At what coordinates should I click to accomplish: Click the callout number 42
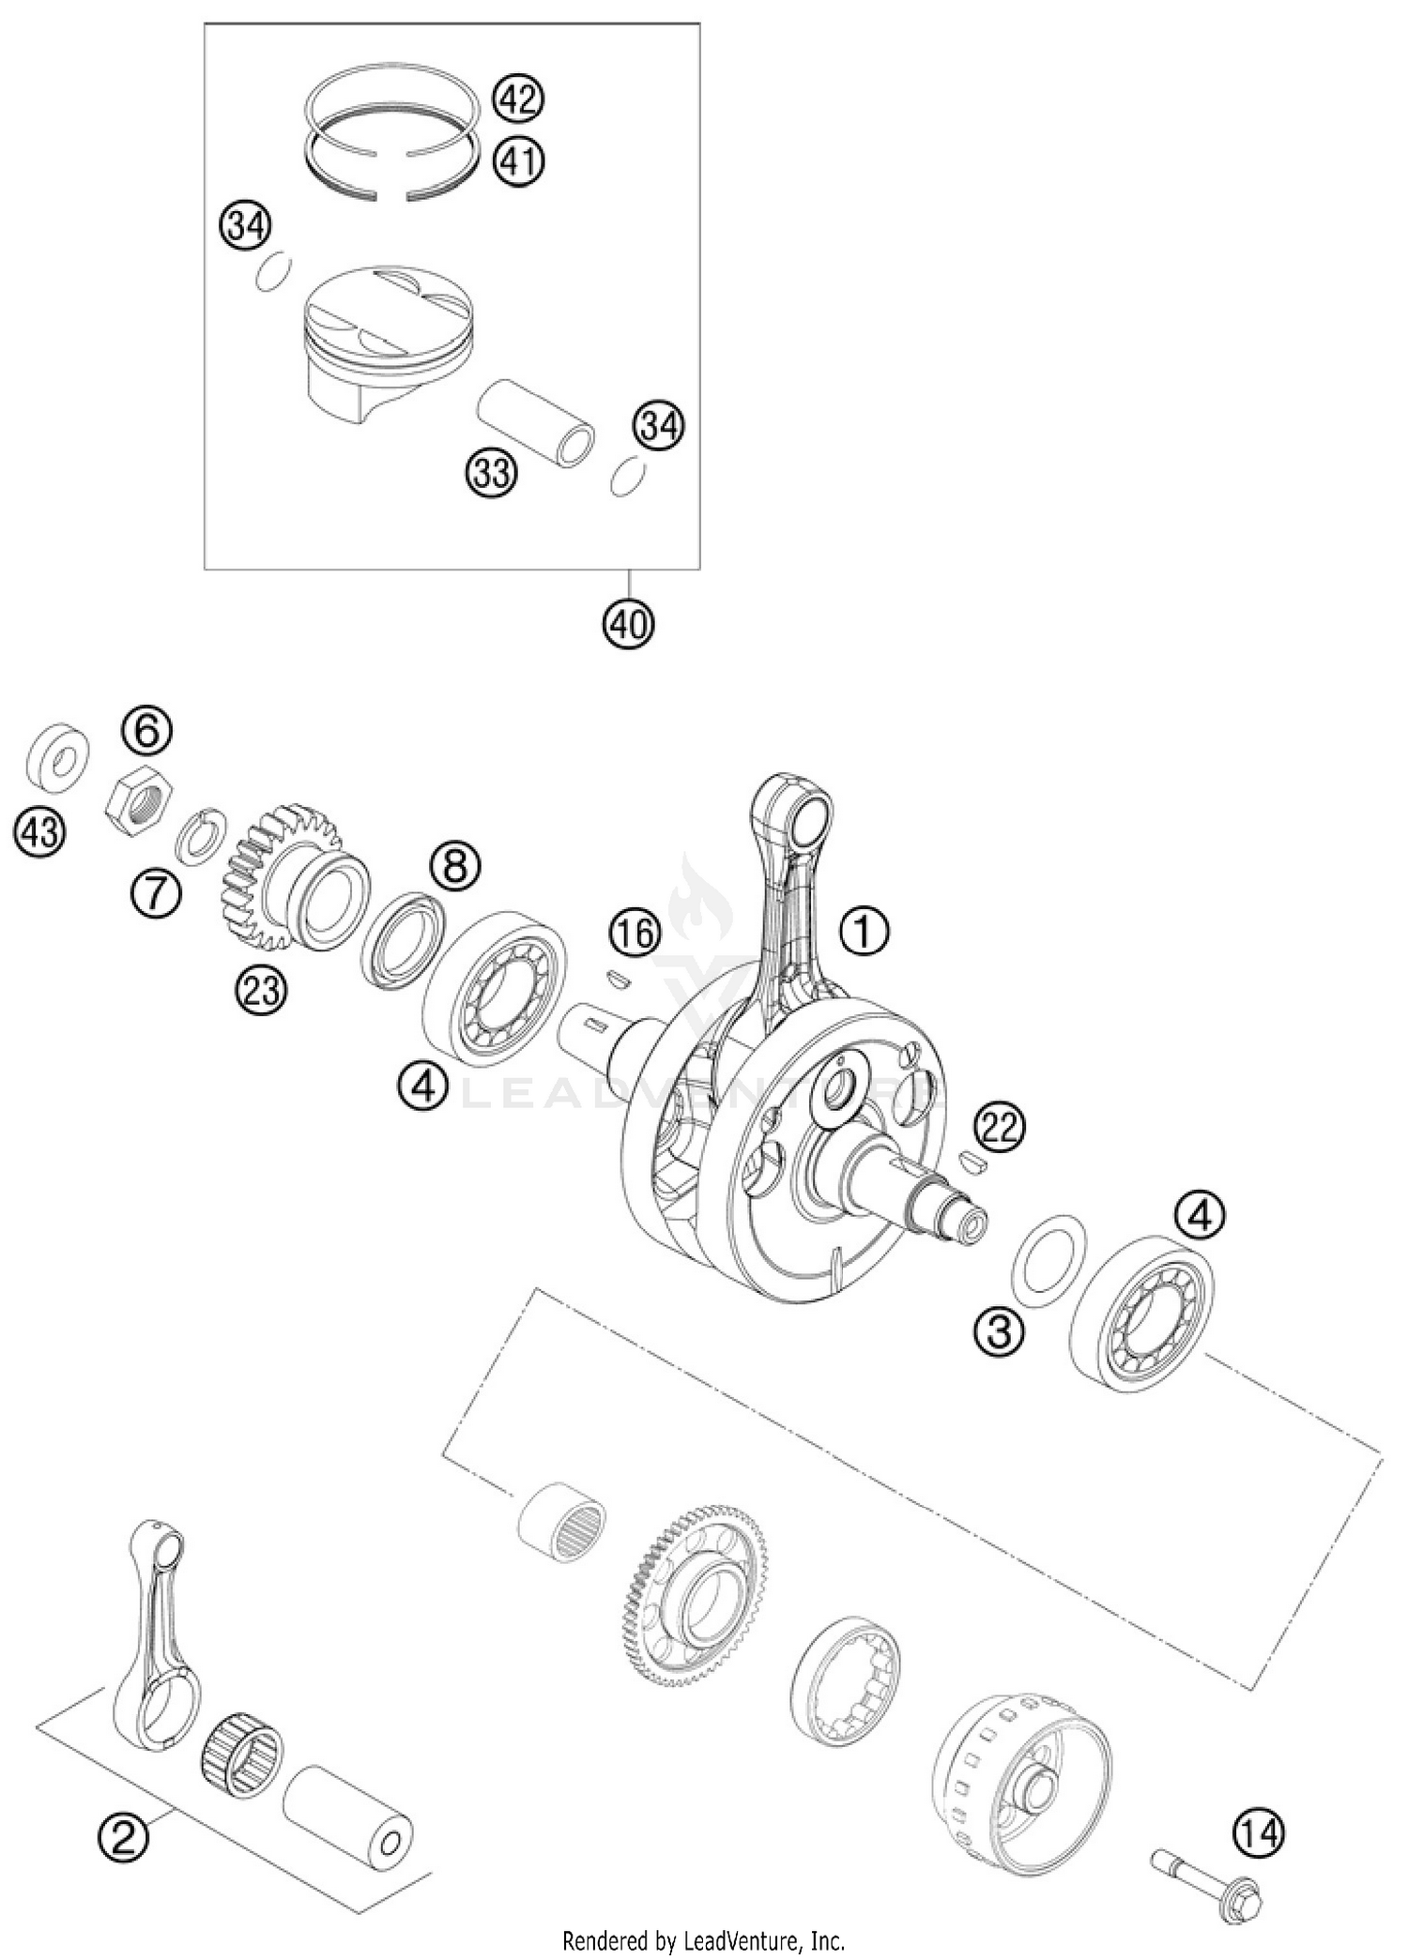(518, 99)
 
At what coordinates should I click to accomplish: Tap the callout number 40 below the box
(628, 622)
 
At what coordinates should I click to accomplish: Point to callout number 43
(40, 832)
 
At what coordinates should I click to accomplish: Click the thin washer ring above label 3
(1048, 1263)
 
